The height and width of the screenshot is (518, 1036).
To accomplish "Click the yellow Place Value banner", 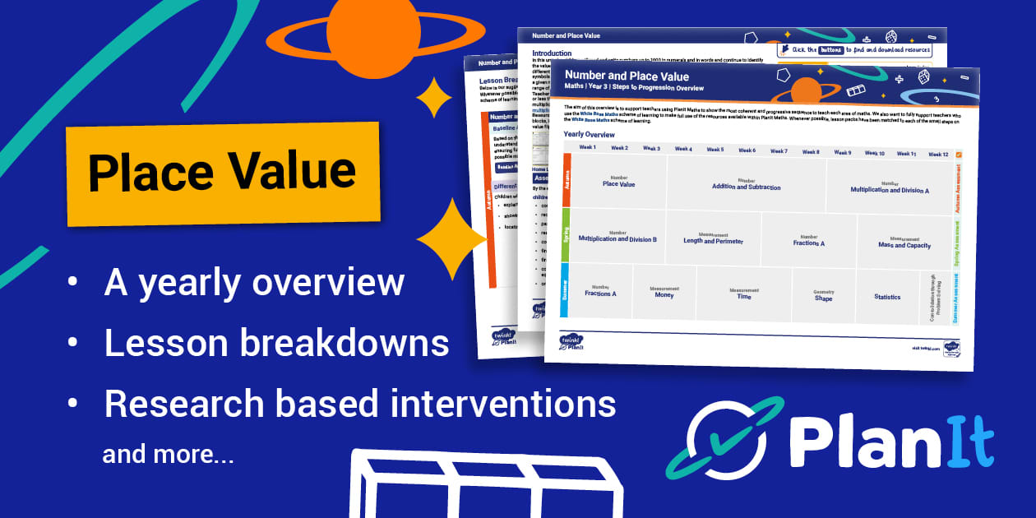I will tap(222, 173).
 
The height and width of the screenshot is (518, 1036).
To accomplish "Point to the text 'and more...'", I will tap(168, 454).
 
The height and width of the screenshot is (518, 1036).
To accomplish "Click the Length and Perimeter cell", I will tap(713, 239).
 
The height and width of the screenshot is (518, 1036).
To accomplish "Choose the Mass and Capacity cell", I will tap(904, 243).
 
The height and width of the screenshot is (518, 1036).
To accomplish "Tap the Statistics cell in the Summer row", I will tap(887, 297).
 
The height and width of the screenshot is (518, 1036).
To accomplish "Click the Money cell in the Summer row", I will tap(664, 293).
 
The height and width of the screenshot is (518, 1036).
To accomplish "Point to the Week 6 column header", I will tap(746, 150).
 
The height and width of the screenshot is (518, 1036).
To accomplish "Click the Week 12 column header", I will tap(938, 155).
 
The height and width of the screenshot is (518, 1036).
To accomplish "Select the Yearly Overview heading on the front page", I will tap(589, 134).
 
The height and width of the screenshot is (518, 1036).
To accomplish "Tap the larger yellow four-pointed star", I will tap(452, 238).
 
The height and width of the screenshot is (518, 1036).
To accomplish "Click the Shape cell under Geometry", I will tap(823, 297).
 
